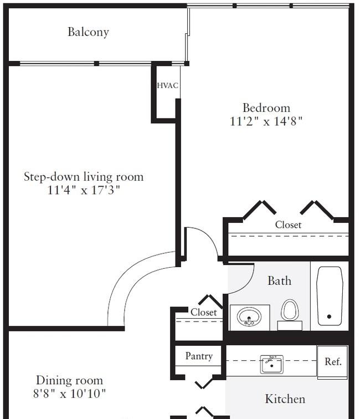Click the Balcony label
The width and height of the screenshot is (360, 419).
pos(88,32)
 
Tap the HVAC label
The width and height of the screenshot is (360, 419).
pos(167,85)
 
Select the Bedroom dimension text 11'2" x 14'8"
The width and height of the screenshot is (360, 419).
pos(266,121)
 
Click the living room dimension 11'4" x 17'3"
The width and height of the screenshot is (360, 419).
pos(84,190)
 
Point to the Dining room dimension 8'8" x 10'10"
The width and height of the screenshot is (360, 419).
pos(69,394)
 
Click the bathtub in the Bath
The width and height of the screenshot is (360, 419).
pos(330,296)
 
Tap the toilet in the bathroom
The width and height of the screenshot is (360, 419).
pos(290,314)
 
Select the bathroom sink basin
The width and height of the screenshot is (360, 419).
pos(249,316)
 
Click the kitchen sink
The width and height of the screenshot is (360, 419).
pos(271,364)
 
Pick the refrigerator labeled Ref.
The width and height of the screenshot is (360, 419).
pos(332,362)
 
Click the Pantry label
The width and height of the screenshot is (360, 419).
pos(199,356)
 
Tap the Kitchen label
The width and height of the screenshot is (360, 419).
pos(285,399)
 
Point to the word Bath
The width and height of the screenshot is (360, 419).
pos(279,281)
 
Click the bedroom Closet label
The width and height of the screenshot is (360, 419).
pos(288,224)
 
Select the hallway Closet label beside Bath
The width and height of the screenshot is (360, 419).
pos(203,312)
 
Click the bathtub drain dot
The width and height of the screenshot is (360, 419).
pos(329,316)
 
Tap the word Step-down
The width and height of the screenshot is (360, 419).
pos(52,177)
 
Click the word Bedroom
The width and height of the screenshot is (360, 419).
pos(266,108)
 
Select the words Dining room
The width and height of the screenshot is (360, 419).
pos(69,381)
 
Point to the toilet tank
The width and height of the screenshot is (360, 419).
pos(290,326)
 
